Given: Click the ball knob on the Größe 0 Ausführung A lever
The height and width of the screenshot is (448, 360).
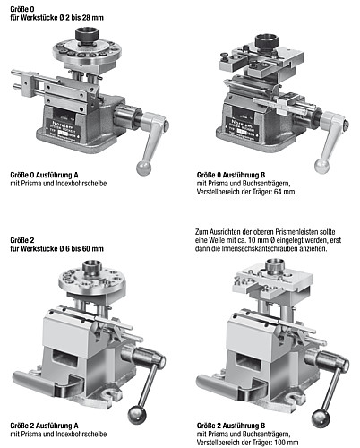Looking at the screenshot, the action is click(x=144, y=168).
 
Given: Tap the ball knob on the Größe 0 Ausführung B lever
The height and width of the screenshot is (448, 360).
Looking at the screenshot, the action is click(x=322, y=167).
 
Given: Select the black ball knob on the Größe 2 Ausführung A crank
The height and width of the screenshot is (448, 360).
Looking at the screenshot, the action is click(x=137, y=416).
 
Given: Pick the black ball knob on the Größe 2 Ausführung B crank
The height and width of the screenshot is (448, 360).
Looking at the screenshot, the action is click(x=321, y=418).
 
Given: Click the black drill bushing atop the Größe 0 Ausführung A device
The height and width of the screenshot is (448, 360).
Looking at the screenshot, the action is click(x=87, y=36).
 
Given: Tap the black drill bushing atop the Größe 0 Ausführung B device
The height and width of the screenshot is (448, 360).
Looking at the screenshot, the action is click(x=267, y=42).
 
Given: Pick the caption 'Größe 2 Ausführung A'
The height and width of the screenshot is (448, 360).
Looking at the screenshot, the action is click(x=44, y=426).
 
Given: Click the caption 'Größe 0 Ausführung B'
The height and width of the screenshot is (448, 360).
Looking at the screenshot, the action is click(x=231, y=175).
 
